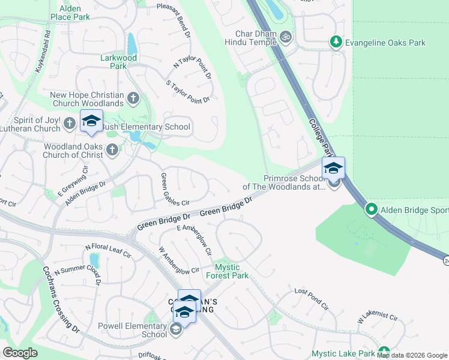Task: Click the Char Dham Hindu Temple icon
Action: click(x=286, y=37)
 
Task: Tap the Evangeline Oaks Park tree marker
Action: click(x=336, y=43)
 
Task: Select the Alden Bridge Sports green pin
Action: click(x=372, y=210)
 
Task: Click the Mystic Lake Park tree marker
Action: click(x=384, y=353)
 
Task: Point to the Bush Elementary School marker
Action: click(x=91, y=122)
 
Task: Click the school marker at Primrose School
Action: click(x=333, y=169)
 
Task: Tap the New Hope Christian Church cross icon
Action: click(x=133, y=97)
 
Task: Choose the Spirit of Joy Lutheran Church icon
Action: click(x=70, y=124)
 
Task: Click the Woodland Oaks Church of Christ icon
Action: click(x=112, y=150)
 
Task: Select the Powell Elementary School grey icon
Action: click(x=175, y=329)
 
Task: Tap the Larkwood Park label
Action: click(x=118, y=62)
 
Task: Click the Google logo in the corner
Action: click(x=20, y=353)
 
